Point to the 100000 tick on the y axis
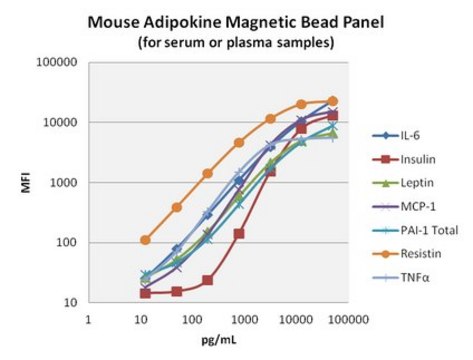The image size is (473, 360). click(58, 62)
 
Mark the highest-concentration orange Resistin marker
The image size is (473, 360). click(333, 101)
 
